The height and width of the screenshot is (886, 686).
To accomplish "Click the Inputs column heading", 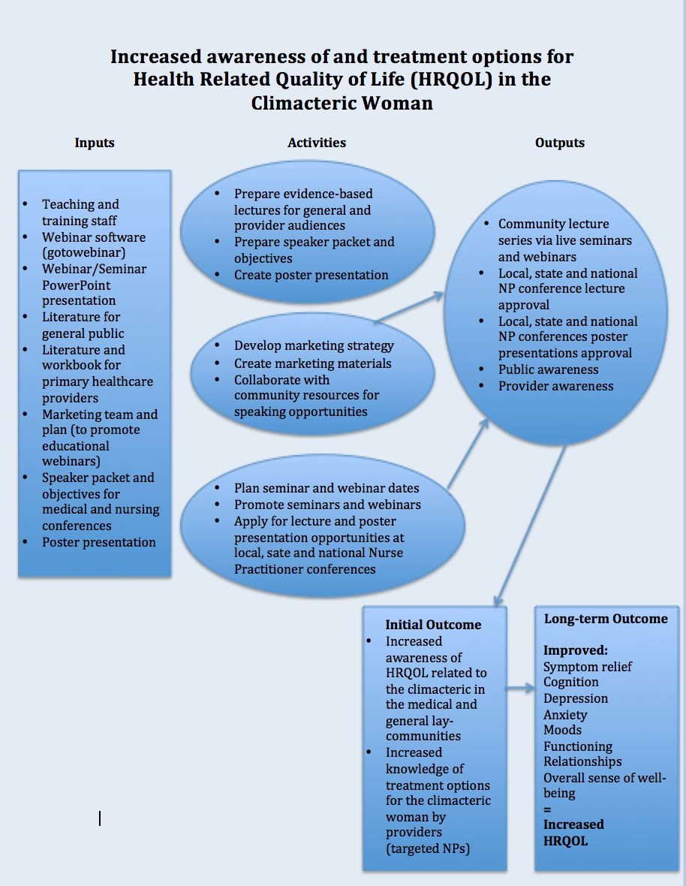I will (x=95, y=143).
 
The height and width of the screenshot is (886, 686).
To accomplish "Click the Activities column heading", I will (x=317, y=143).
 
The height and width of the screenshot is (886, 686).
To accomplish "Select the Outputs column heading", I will (x=559, y=143).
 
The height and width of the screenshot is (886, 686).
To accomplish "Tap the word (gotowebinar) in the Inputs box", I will (x=83, y=253).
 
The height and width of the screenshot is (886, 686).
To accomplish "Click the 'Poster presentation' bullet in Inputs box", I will (x=98, y=542).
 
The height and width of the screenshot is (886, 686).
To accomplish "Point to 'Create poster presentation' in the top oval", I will (x=311, y=275).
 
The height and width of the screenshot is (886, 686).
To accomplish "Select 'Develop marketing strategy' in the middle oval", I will (x=314, y=346).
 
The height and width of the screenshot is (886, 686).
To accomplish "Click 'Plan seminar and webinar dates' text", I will (x=326, y=488).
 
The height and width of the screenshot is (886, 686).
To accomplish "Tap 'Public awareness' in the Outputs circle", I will (x=548, y=369).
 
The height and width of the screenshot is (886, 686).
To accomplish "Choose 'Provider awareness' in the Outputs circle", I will (x=555, y=386).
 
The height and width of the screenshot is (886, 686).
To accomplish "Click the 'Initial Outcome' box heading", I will (x=433, y=625).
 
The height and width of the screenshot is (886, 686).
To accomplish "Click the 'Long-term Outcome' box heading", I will (x=605, y=619).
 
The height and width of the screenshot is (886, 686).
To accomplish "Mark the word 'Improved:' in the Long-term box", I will (x=576, y=650).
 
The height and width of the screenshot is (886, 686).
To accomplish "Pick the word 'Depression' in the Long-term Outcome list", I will (x=576, y=698).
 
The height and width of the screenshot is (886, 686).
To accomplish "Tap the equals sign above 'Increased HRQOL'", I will (x=547, y=809).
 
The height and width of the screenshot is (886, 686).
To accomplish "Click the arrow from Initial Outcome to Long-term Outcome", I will (x=520, y=687).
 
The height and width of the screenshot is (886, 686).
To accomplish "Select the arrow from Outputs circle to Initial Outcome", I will (x=530, y=526).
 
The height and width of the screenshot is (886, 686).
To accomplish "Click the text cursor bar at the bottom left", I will (x=100, y=818).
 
